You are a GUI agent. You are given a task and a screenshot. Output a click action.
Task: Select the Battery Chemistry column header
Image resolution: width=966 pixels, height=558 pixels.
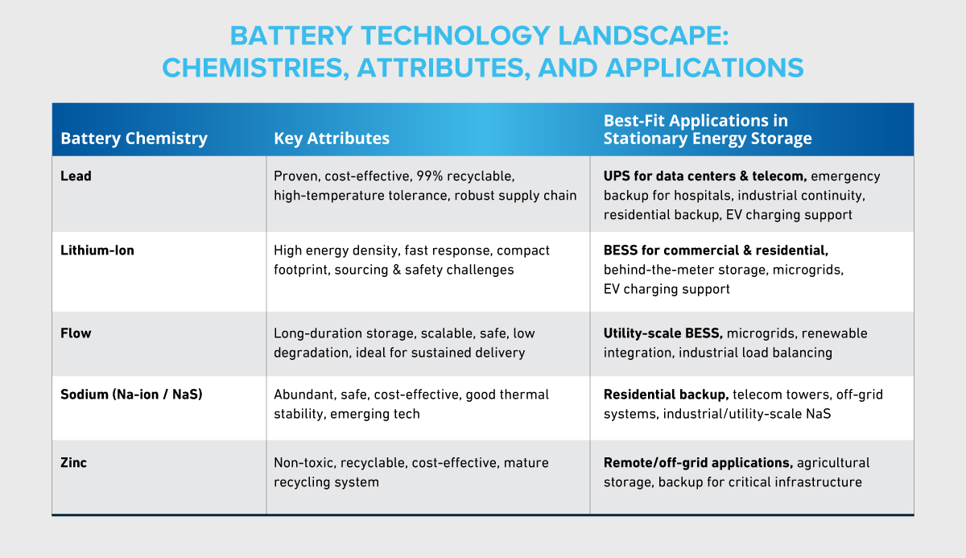134,138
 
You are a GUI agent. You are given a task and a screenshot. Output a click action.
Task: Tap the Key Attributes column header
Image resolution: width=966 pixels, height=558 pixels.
332,138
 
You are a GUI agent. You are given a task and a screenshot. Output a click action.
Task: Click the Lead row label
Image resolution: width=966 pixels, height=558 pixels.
76,176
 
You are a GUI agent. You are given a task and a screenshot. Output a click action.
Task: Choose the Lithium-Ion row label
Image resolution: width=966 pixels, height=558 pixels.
97,250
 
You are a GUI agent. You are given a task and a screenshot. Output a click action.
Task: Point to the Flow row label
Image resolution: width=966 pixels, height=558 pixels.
76,333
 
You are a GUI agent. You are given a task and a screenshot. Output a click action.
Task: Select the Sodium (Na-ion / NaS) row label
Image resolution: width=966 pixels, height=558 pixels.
130,395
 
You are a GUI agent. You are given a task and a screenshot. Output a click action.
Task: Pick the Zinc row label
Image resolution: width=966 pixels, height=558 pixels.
75,463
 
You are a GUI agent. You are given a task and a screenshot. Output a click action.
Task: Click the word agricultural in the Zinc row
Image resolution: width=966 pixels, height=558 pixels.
833,463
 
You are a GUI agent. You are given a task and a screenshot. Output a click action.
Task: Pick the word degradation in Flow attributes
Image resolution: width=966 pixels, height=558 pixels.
310,353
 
